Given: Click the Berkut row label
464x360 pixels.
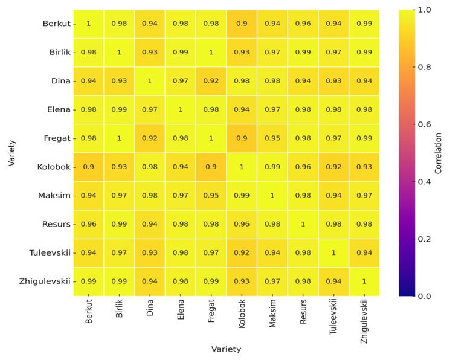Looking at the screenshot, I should click(x=56, y=24).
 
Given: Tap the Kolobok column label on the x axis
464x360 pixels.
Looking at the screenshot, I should click(x=242, y=314).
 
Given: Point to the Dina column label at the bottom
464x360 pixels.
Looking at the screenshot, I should click(x=150, y=308).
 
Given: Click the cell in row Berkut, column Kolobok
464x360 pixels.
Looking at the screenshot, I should click(x=242, y=24).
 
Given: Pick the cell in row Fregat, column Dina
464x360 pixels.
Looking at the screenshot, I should click(x=150, y=138).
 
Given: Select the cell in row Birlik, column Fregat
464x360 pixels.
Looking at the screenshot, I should click(x=211, y=53).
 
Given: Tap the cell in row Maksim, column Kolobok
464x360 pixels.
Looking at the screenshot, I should click(x=242, y=196).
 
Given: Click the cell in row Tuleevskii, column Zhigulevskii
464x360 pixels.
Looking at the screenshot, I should click(x=364, y=253).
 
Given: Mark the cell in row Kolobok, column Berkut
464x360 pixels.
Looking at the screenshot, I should click(x=89, y=167).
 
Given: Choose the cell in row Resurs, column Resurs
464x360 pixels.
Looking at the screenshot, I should click(x=303, y=224).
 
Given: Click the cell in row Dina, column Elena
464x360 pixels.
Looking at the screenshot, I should click(x=181, y=81).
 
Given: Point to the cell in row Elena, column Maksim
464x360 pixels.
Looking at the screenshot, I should click(x=272, y=110).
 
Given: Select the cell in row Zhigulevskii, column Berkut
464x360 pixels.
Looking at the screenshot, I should click(x=89, y=281).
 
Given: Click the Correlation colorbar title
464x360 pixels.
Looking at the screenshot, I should click(x=439, y=153).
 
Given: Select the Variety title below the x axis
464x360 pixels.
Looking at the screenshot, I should click(x=226, y=349).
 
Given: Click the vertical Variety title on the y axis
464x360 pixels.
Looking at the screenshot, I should click(x=11, y=153).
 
